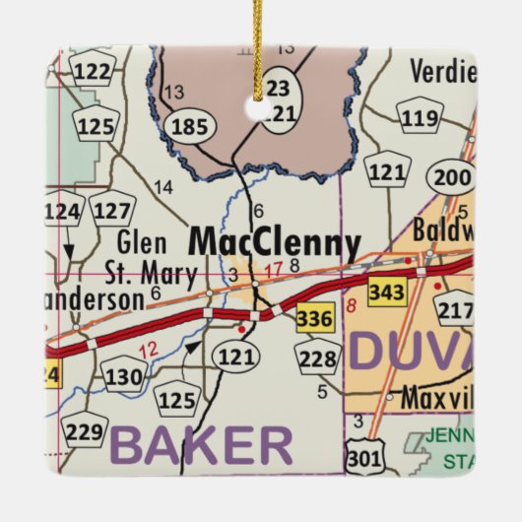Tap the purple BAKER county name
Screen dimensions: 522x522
(201, 445)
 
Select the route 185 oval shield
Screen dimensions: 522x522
(189, 126)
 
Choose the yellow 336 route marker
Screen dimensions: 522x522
(315, 318)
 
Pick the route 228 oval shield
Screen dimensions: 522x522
(318, 359)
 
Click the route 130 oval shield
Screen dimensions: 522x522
(125, 375)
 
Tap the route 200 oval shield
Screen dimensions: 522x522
(453, 177)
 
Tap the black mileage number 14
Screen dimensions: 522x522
(163, 187)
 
